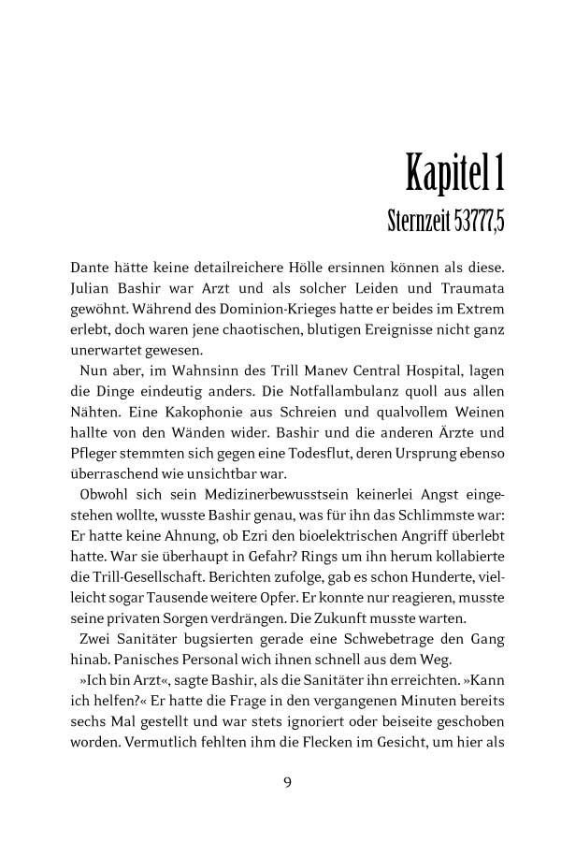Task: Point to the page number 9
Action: (x=287, y=783)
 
